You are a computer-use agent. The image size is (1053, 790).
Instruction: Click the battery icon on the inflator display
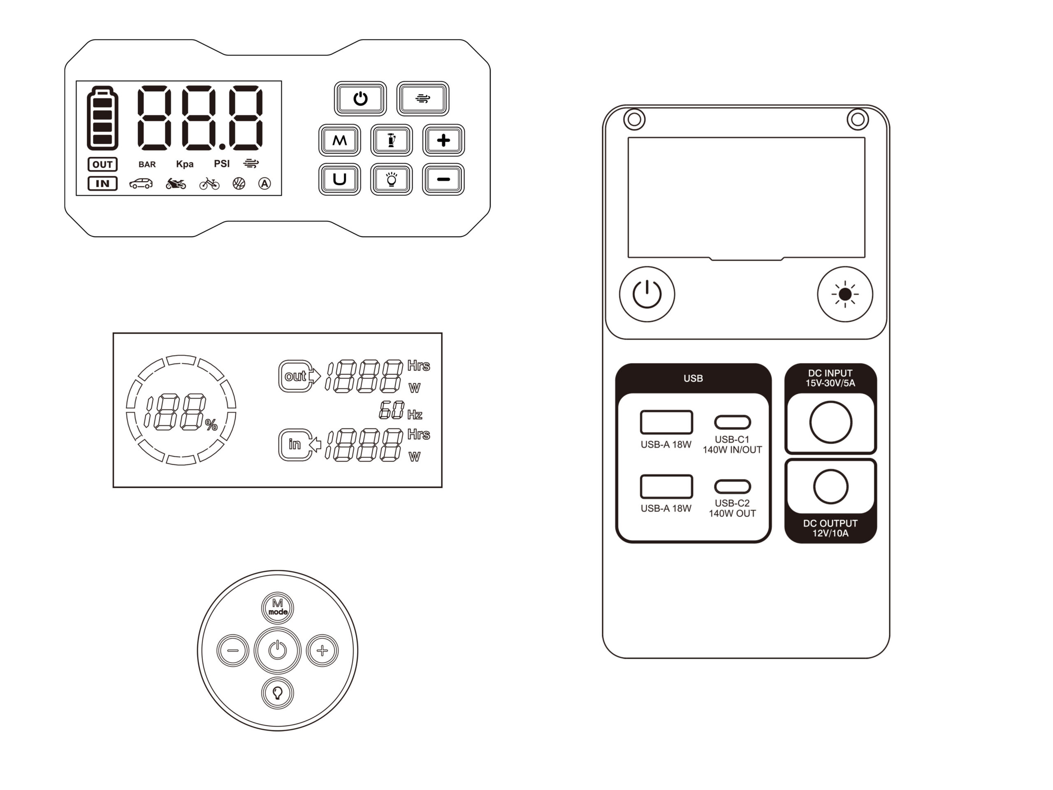coord(102,118)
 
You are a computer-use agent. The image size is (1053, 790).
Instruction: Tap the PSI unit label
coord(222,164)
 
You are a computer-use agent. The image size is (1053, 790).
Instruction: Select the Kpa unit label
coord(185,164)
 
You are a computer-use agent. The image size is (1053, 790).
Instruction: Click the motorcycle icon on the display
coord(176,184)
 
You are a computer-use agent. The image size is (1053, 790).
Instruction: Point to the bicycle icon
coord(209,184)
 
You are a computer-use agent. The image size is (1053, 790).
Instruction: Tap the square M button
coord(339,140)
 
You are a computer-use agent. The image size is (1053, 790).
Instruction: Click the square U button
coord(339,179)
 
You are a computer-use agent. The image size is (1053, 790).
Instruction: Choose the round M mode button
coord(278,608)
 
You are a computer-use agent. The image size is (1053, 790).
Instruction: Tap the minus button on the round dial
coord(233,651)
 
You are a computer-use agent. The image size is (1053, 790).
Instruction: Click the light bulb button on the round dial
coord(278,693)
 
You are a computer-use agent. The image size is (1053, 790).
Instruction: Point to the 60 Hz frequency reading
coord(400,411)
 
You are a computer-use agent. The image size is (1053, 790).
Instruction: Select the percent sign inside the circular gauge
coord(211,425)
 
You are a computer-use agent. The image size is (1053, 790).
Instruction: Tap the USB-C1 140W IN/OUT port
coord(732,423)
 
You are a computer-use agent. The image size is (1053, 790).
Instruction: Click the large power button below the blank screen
coord(647,294)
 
